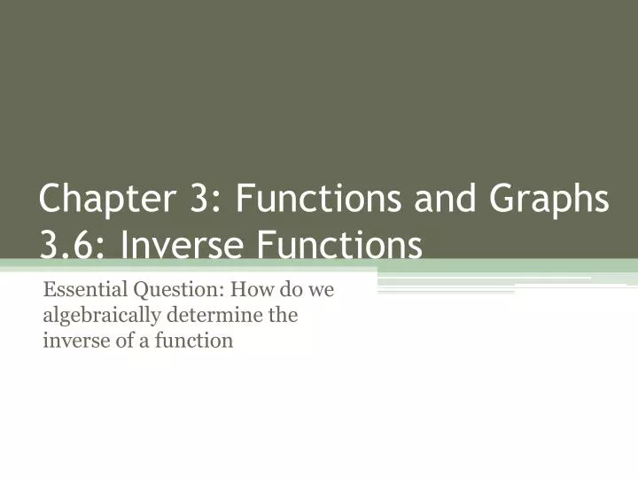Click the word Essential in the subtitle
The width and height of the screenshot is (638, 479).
84,288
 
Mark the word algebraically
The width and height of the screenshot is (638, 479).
97,315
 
